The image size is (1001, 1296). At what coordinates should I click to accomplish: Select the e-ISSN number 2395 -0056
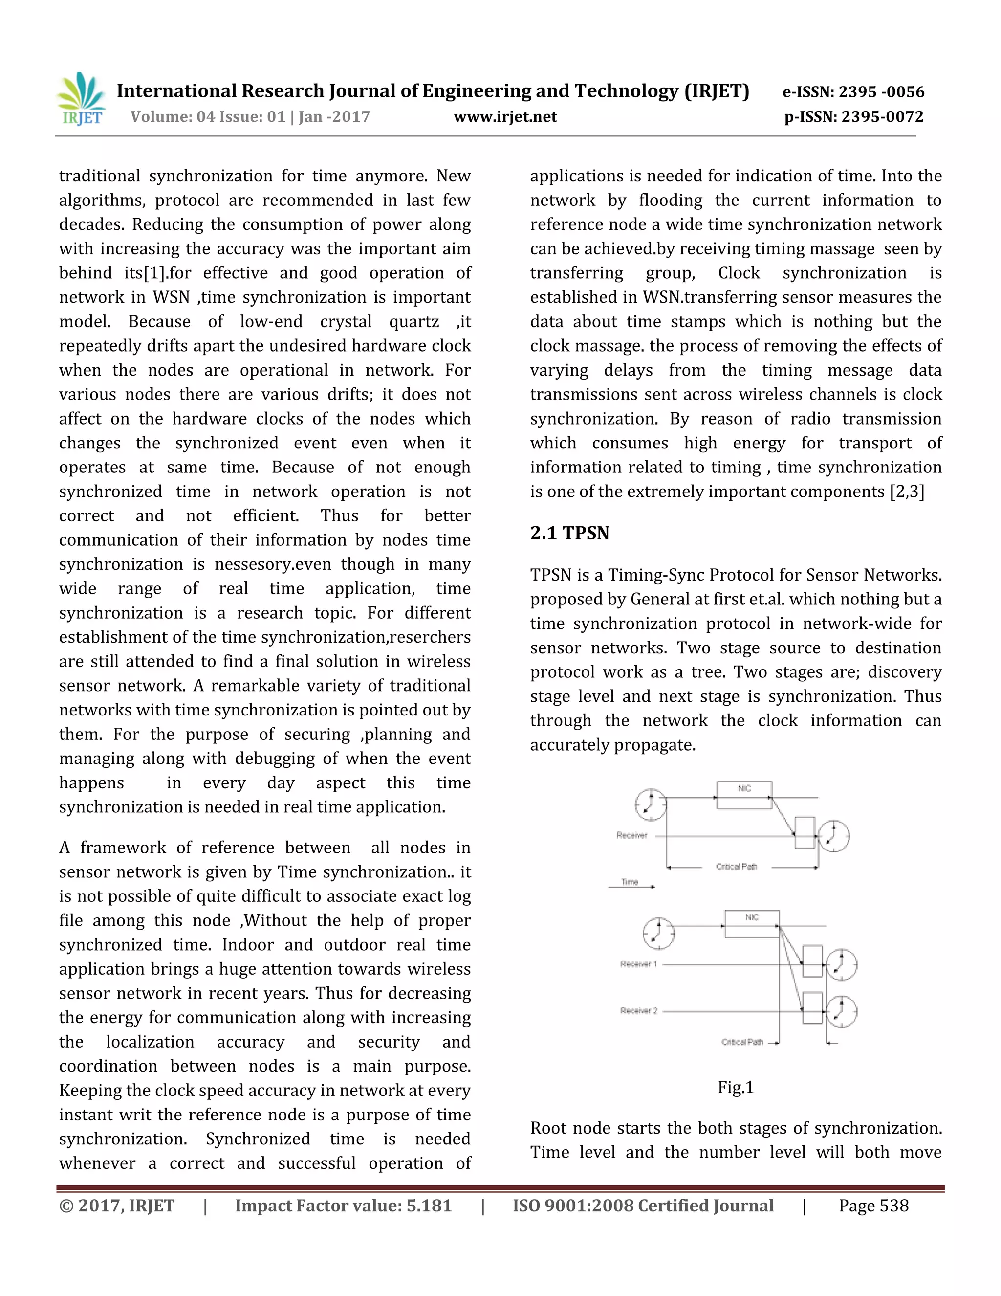coord(881,92)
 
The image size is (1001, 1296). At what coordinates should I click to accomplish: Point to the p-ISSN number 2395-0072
coord(882,117)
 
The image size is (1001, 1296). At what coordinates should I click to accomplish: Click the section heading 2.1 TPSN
coord(569,533)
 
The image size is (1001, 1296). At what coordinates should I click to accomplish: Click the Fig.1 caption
coord(735,1087)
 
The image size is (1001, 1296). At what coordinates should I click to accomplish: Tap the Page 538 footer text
coord(873,1206)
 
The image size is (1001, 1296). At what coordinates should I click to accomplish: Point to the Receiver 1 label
coord(638,964)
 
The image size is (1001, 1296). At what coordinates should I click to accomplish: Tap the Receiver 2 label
coord(638,1010)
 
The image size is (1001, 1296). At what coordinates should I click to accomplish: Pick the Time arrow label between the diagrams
coord(629,882)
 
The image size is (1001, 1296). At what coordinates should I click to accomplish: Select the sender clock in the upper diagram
coord(651,804)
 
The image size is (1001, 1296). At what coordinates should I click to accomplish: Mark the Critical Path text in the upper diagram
coord(736,867)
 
